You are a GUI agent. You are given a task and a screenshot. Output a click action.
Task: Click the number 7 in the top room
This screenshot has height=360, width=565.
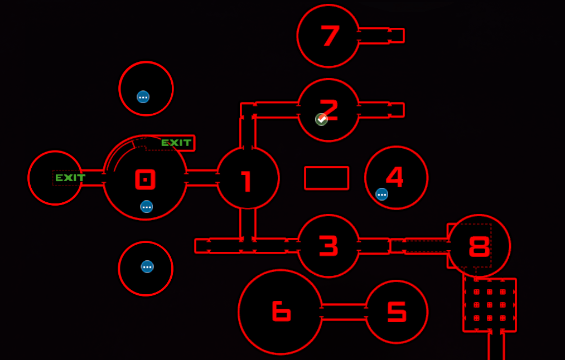click(330, 36)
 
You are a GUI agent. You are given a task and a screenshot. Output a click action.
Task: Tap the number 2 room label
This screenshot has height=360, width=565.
click(329, 109)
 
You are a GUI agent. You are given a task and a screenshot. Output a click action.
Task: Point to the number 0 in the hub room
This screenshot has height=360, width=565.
click(145, 179)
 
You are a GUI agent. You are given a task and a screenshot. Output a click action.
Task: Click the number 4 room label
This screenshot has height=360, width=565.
click(395, 177)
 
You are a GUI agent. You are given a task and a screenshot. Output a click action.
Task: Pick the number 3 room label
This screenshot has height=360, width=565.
click(329, 246)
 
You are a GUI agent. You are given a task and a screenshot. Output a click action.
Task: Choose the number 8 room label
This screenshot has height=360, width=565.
click(479, 246)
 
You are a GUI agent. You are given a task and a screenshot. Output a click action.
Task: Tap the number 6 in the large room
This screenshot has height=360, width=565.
click(281, 311)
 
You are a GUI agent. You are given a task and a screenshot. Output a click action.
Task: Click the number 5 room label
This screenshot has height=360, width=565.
click(397, 312)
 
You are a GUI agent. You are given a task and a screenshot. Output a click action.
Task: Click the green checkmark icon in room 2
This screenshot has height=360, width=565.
click(321, 119)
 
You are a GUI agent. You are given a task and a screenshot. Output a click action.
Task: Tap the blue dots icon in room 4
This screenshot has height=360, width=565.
click(382, 194)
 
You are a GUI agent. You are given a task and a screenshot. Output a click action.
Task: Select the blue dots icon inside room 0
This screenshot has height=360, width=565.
click(146, 207)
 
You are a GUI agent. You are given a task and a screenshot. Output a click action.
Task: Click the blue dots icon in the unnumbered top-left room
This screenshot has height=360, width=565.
click(143, 97)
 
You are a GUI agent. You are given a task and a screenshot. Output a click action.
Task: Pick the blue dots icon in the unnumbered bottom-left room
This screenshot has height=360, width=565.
click(147, 267)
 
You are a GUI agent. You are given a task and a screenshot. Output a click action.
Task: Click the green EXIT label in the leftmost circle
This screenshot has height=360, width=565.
click(70, 178)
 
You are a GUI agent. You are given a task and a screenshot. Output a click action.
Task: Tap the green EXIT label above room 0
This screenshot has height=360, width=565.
click(176, 143)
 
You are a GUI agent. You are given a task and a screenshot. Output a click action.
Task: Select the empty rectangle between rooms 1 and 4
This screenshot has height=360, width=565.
click(326, 178)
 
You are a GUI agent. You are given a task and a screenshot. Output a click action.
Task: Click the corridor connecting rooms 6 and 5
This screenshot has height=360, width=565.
click(344, 312)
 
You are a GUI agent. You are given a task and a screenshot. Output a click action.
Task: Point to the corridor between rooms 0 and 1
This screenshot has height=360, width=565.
click(202, 178)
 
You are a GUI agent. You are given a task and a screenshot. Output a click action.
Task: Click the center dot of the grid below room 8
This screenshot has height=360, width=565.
click(490, 305)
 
